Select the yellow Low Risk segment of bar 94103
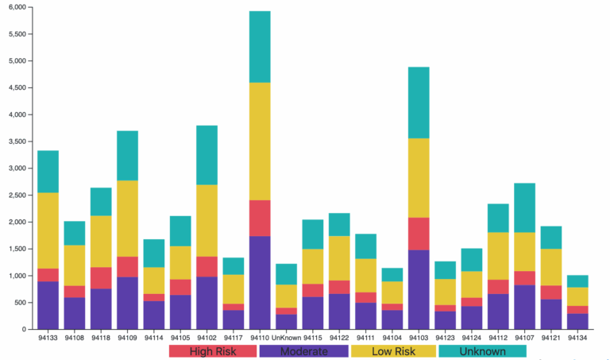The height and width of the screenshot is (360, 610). tap(419, 178)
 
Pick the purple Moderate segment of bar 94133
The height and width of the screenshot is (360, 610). tap(48, 305)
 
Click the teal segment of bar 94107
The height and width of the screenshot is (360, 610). tap(524, 207)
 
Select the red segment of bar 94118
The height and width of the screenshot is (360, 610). tap(101, 277)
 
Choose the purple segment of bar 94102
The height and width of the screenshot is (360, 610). tap(207, 303)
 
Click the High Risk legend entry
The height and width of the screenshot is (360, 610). tap(212, 350)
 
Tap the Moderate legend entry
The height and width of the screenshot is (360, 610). tap(304, 350)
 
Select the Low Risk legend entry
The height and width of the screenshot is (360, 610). tap(393, 350)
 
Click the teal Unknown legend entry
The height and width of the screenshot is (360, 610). tap(482, 350)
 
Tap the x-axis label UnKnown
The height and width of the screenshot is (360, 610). tap(286, 338)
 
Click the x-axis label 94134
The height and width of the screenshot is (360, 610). tap(577, 338)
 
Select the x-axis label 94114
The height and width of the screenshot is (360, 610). tap(153, 338)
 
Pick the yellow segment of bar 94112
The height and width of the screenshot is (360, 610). tap(498, 256)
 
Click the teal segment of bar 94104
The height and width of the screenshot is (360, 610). tap(392, 274)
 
